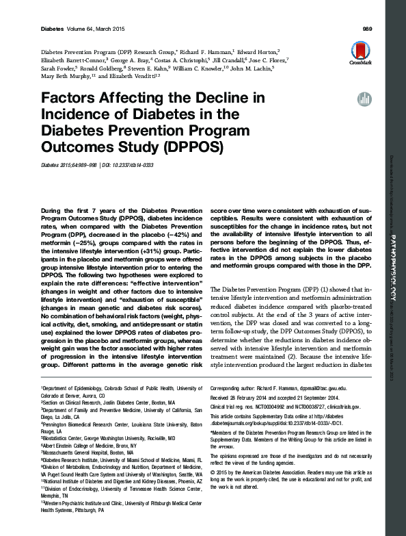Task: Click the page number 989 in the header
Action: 366,29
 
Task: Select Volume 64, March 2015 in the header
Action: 88,29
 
